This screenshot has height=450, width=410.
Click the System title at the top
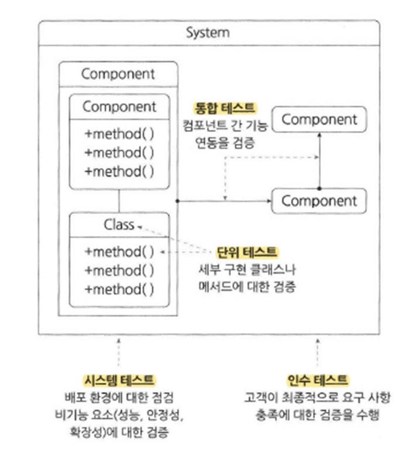coord(207,32)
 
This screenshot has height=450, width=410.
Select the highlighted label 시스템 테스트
coord(120,380)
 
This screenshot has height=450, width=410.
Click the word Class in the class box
coord(119,225)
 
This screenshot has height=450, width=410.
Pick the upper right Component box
coord(319,120)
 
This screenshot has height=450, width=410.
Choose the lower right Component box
coord(319,201)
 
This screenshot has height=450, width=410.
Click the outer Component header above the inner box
coord(118,74)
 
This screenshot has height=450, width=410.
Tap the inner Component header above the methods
coord(119,107)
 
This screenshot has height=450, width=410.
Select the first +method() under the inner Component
coord(119,133)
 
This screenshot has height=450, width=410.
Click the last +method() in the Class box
coord(119,289)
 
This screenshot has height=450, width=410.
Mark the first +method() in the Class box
coord(119,252)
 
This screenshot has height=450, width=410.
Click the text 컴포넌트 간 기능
coord(225,125)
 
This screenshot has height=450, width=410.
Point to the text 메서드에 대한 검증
coord(246,287)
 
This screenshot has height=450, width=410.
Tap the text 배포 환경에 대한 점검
coord(120,397)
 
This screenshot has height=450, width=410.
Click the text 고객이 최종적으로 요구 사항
coord(317,397)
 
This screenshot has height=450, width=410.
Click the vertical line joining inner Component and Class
coord(119,201)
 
